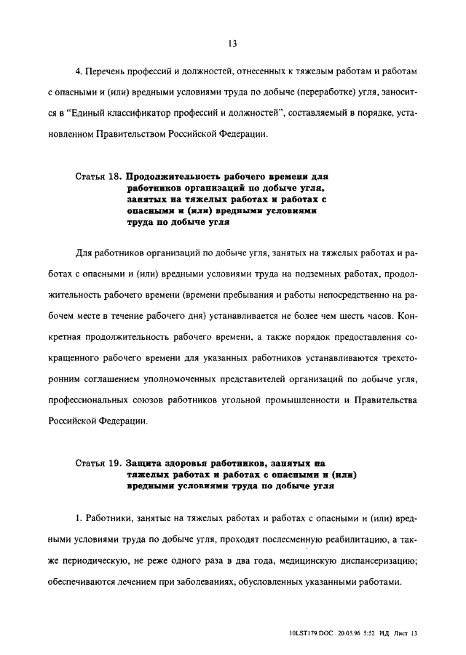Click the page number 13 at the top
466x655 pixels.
pyautogui.click(x=232, y=43)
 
